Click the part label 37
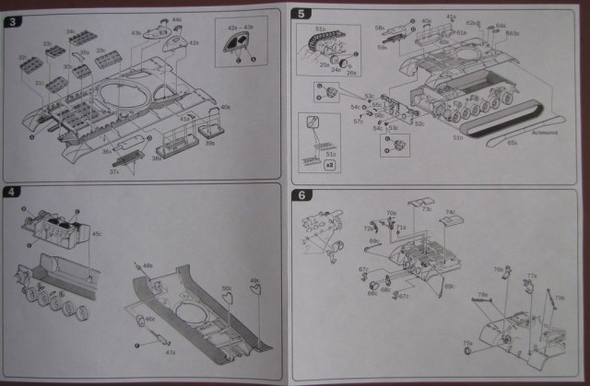tap(113, 170)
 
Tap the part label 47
tap(170, 351)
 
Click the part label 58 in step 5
tap(379, 29)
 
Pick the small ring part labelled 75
tap(466, 352)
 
